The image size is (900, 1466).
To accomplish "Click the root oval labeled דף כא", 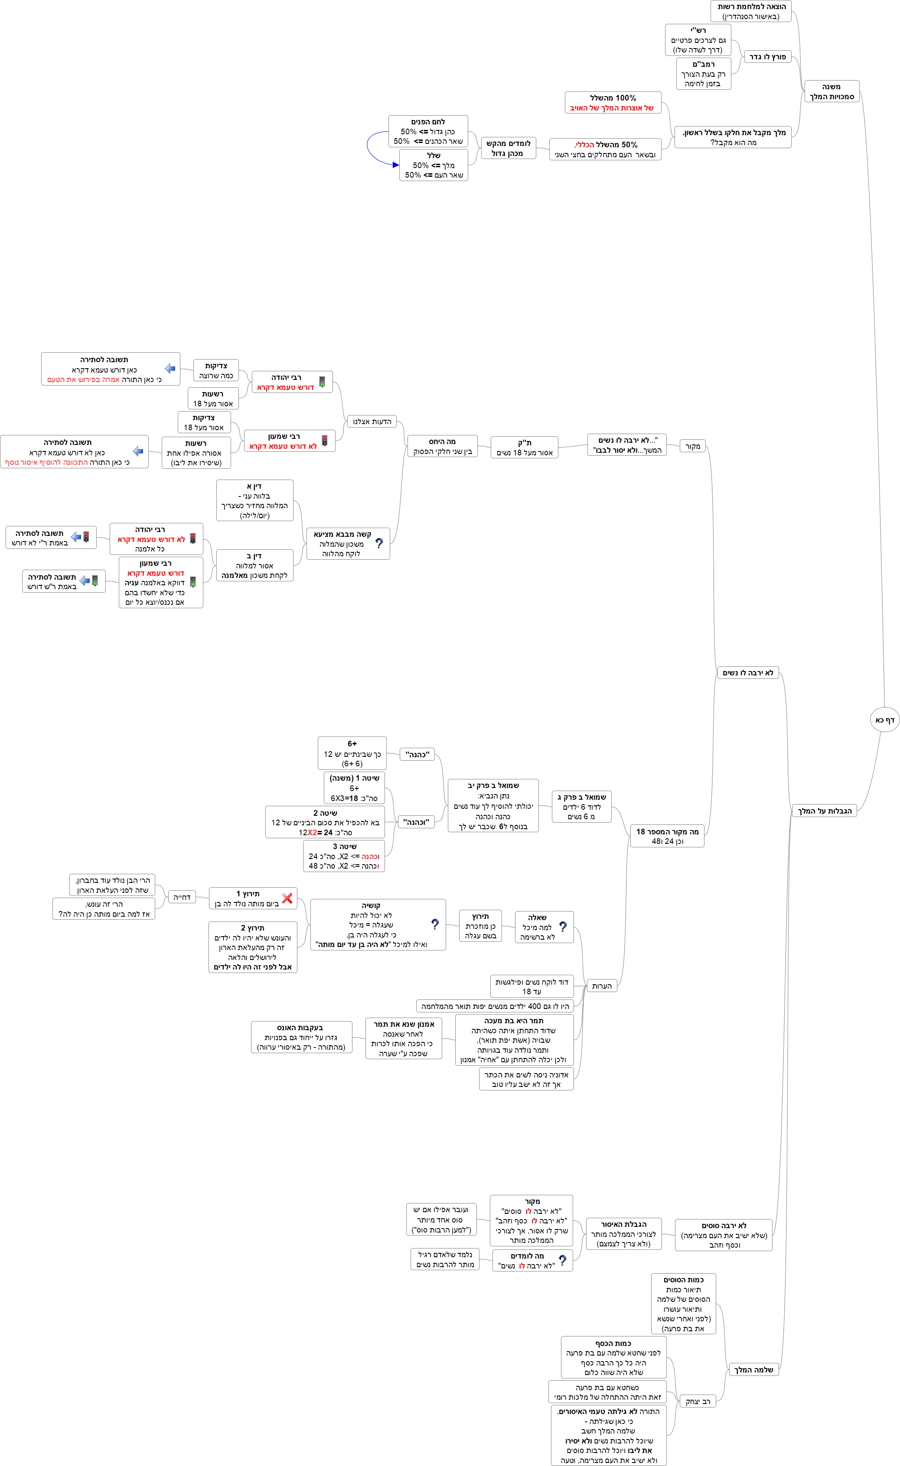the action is pos(884,720).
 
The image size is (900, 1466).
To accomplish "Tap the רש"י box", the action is pos(698,40).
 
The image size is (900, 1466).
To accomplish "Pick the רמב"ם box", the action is pos(703,74).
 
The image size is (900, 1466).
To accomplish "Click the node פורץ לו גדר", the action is pos(767,56).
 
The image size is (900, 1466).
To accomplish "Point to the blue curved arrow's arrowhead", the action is pos(396,165).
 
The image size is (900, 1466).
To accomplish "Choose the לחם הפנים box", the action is pos(428,131).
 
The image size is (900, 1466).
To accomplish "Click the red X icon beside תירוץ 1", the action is pos(287,898).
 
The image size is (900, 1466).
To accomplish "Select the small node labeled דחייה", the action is pos(182,897).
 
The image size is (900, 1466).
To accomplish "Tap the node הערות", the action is pos(601,986).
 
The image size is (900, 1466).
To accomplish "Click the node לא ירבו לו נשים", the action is pos(748,673).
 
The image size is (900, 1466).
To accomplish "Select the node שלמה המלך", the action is pos(753,1370).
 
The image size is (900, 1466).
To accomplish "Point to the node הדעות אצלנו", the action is pos(372,421).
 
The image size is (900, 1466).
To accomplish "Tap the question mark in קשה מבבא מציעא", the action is pos(379,543).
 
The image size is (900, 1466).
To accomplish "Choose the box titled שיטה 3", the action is pos(344,856).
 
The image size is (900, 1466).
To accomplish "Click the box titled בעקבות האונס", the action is pos(300,1037).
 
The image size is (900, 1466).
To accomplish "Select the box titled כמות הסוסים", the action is pos(683,1304).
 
